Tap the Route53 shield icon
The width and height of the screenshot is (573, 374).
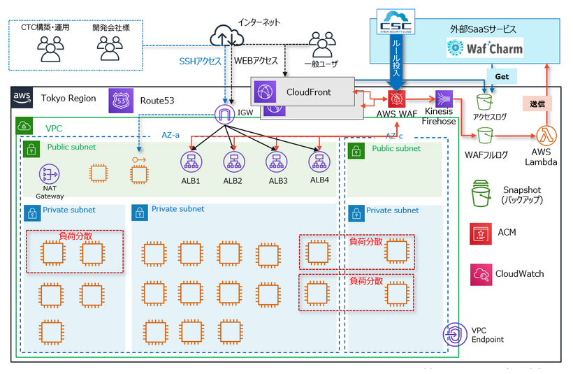(x=118, y=101)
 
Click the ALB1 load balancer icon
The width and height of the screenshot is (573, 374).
(x=191, y=162)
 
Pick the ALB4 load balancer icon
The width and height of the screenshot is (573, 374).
(x=319, y=162)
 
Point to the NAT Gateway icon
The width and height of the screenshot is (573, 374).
(x=49, y=175)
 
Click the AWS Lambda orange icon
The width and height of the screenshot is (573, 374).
(x=545, y=135)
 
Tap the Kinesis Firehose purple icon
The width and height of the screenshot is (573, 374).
(x=444, y=99)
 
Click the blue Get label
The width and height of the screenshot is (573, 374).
(x=501, y=75)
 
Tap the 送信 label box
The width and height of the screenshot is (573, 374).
(x=537, y=103)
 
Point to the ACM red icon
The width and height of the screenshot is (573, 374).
(x=480, y=232)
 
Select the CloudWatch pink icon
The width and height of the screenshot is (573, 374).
(x=481, y=274)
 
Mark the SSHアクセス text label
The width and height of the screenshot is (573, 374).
(x=200, y=62)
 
